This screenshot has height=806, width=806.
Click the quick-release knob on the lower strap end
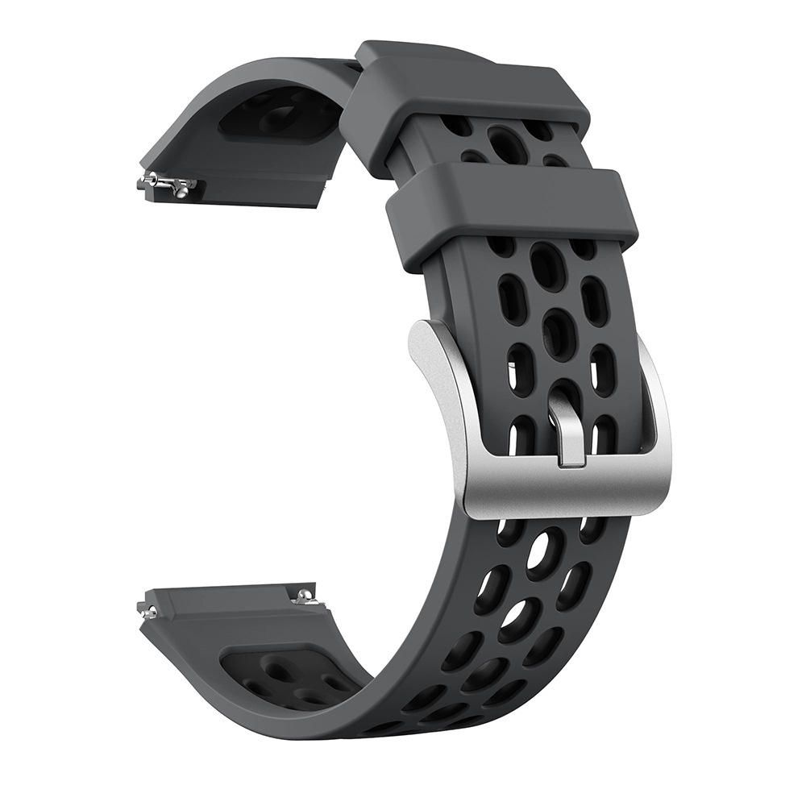pyautogui.click(x=304, y=596)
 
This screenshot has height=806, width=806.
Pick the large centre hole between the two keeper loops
pyautogui.click(x=509, y=145)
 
